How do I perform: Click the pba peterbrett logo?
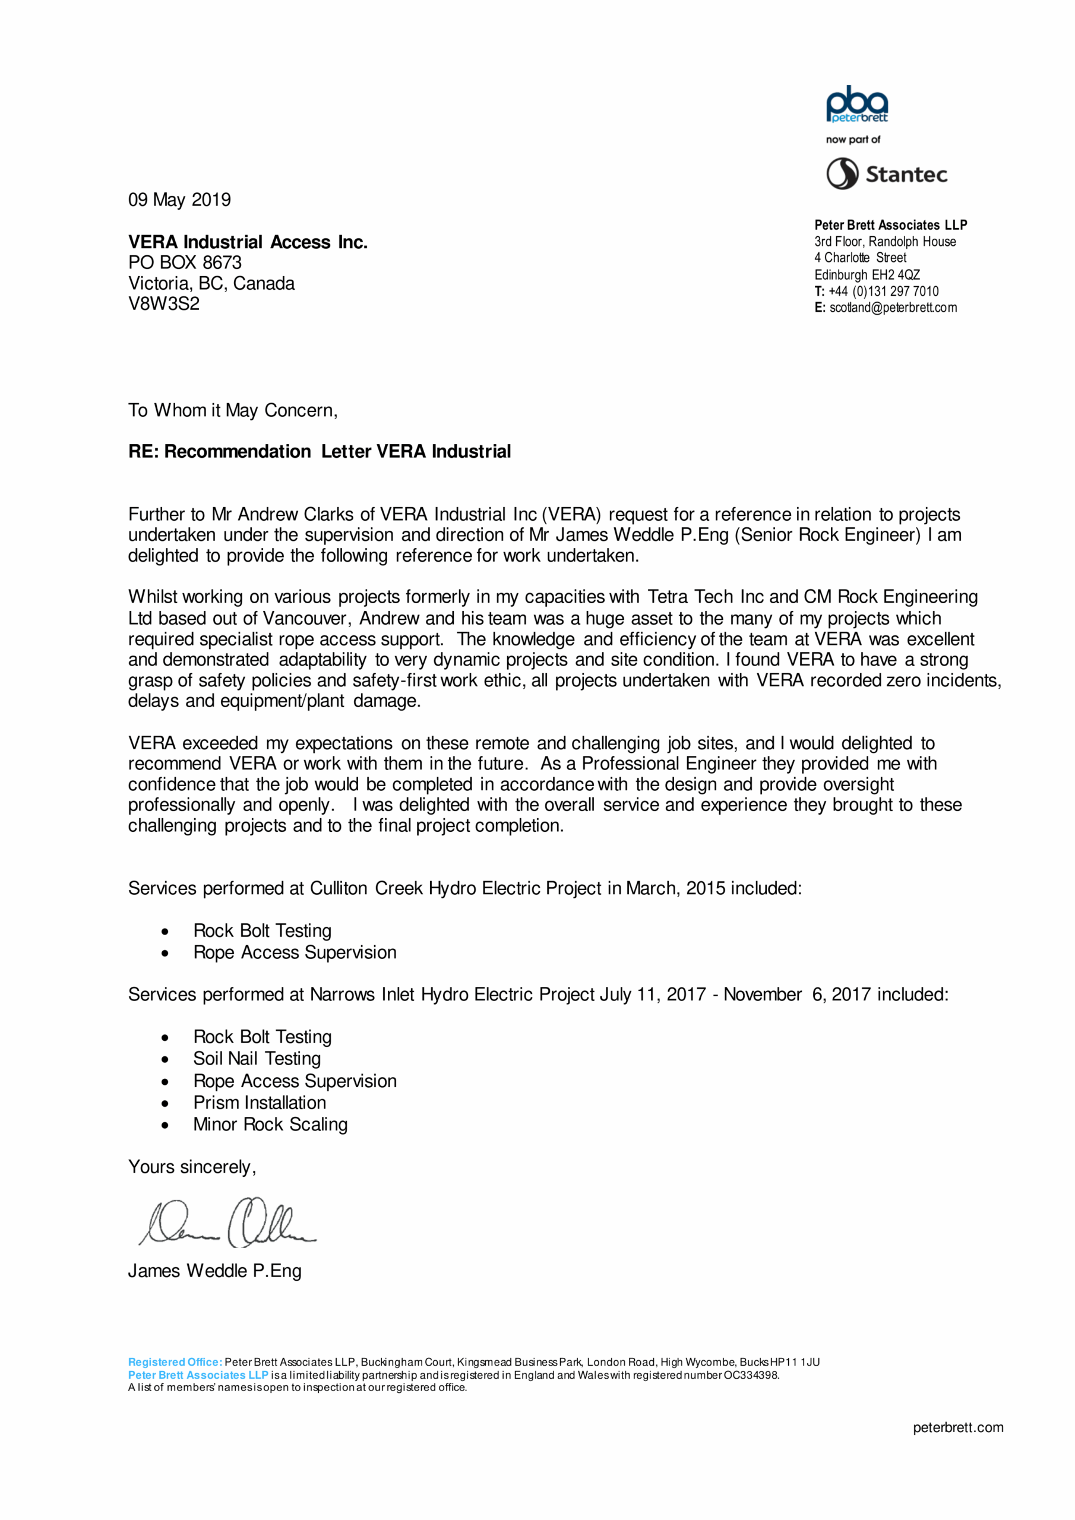[x=856, y=104]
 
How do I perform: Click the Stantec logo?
[x=886, y=174]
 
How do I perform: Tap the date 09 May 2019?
[x=179, y=200]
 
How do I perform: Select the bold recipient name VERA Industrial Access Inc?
[x=248, y=242]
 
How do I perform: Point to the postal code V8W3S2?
[x=163, y=304]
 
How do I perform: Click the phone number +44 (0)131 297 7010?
[x=883, y=292]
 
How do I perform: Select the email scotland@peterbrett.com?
[x=893, y=308]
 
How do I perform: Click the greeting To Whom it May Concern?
[x=232, y=410]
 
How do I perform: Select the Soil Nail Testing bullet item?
[x=257, y=1059]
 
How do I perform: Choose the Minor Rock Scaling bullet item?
[x=270, y=1124]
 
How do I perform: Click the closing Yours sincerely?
[x=192, y=1167]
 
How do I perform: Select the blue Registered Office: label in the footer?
[x=175, y=1362]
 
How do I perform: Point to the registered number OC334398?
[x=751, y=1375]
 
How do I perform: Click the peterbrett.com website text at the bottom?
[x=958, y=1427]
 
